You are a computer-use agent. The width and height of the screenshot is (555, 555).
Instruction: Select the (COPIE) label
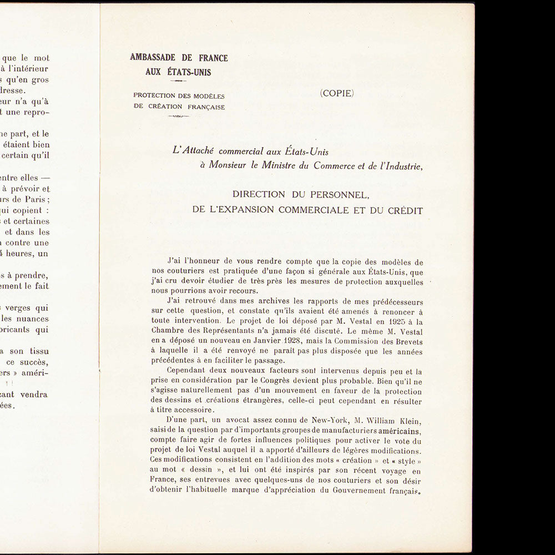point(336,93)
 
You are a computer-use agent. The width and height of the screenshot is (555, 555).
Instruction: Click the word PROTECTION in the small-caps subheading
point(154,95)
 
